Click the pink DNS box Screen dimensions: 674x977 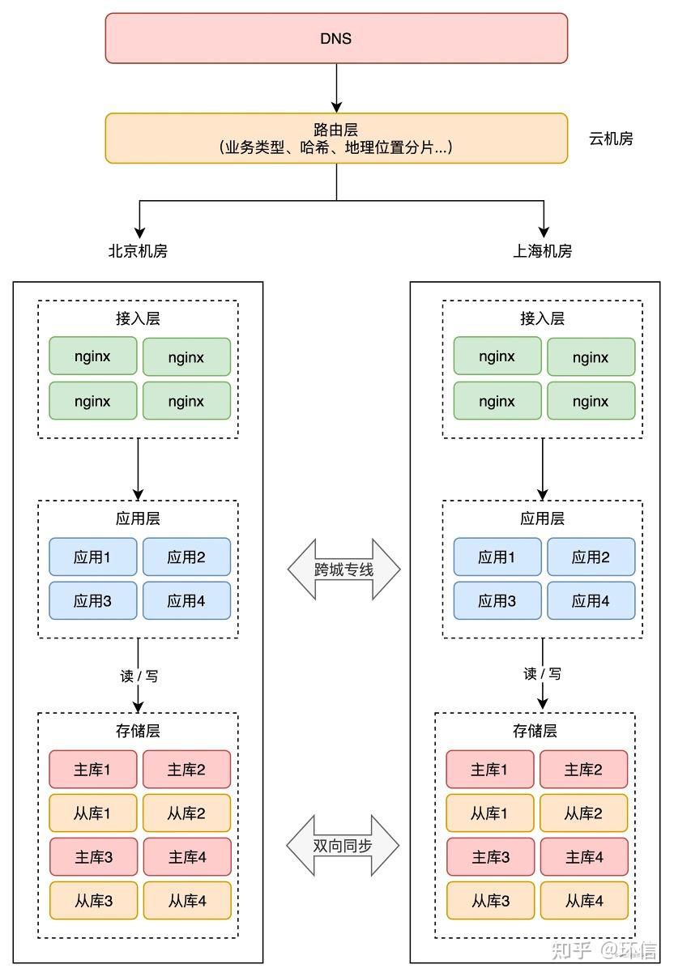click(x=336, y=38)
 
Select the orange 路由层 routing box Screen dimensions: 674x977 click(x=336, y=139)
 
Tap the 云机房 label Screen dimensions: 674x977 click(x=611, y=139)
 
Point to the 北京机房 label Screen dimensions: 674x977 click(x=138, y=251)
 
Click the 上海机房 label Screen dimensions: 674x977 click(x=542, y=251)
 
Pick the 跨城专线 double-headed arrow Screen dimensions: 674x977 click(x=343, y=570)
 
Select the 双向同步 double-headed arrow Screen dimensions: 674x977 click(x=343, y=845)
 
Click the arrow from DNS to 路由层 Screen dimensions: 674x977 click(x=336, y=88)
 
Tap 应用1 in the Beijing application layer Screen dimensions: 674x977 click(x=93, y=557)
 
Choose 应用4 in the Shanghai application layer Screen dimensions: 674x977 click(x=591, y=600)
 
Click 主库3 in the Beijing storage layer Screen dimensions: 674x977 click(x=93, y=857)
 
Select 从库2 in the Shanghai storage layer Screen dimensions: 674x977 click(x=584, y=813)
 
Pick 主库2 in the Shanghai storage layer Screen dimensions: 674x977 click(x=584, y=770)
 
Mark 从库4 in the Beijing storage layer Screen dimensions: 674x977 click(x=187, y=901)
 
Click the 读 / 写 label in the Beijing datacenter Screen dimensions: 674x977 click(x=139, y=676)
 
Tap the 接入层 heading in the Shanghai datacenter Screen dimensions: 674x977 click(x=542, y=318)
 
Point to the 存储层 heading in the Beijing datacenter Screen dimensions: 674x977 click(x=138, y=731)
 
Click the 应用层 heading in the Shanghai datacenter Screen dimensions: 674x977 click(x=542, y=518)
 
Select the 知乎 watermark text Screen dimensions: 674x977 click(x=571, y=951)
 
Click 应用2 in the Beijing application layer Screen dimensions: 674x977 click(x=186, y=557)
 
